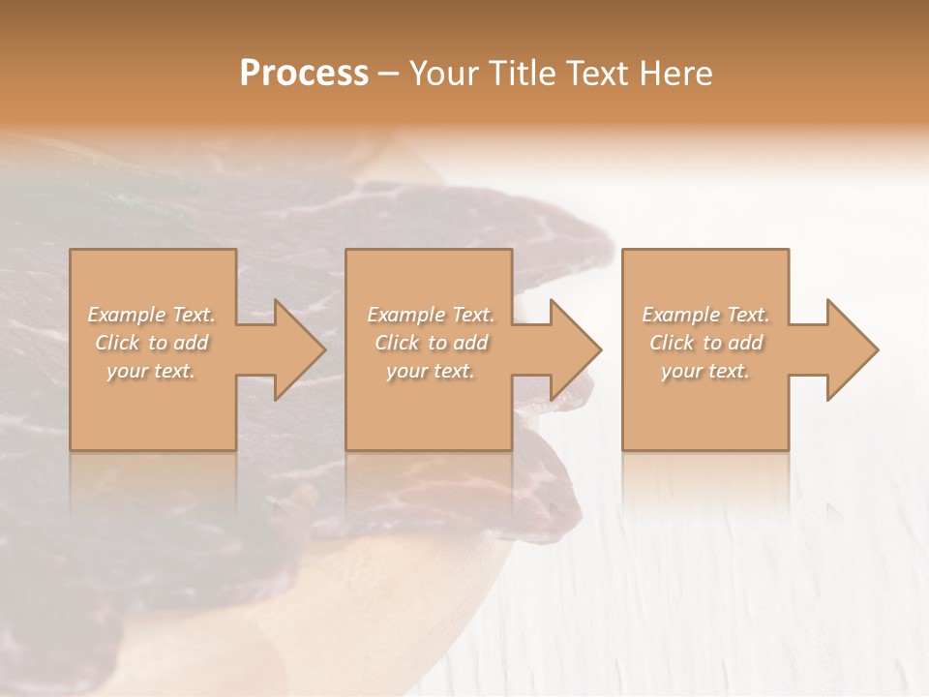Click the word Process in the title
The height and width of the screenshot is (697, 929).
click(304, 74)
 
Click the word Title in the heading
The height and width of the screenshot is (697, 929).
click(522, 74)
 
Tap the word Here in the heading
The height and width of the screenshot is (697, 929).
click(676, 74)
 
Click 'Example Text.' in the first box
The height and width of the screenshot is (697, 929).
click(152, 315)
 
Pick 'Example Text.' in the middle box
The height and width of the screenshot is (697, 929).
click(431, 315)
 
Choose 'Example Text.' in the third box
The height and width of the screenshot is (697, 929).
click(705, 315)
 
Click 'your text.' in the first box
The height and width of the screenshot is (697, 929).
click(151, 371)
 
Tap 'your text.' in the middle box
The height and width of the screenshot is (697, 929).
click(430, 371)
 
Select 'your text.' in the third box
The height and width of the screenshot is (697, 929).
click(704, 371)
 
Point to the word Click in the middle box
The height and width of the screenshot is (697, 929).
click(397, 343)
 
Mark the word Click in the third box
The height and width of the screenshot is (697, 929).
click(672, 343)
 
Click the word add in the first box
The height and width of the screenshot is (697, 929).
click(192, 343)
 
